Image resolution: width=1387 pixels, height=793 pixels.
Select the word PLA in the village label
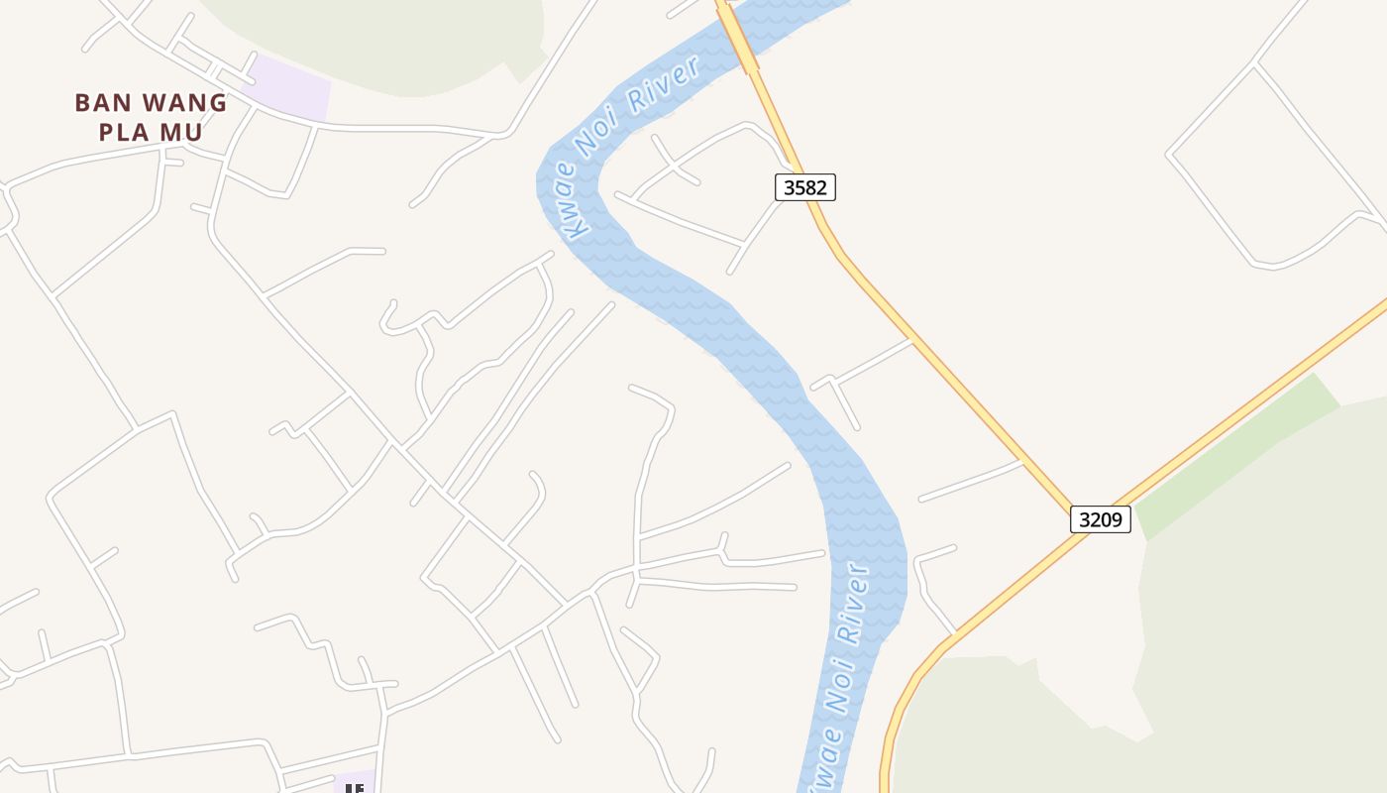123,133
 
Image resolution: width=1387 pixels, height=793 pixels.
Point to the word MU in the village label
185,133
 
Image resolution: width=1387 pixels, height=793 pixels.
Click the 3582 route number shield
804,187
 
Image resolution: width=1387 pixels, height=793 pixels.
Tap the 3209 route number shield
1100,519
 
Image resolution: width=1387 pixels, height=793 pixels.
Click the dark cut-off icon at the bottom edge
355,787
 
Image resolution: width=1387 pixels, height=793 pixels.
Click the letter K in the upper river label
574,229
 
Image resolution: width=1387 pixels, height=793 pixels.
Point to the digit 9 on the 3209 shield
1119,519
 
